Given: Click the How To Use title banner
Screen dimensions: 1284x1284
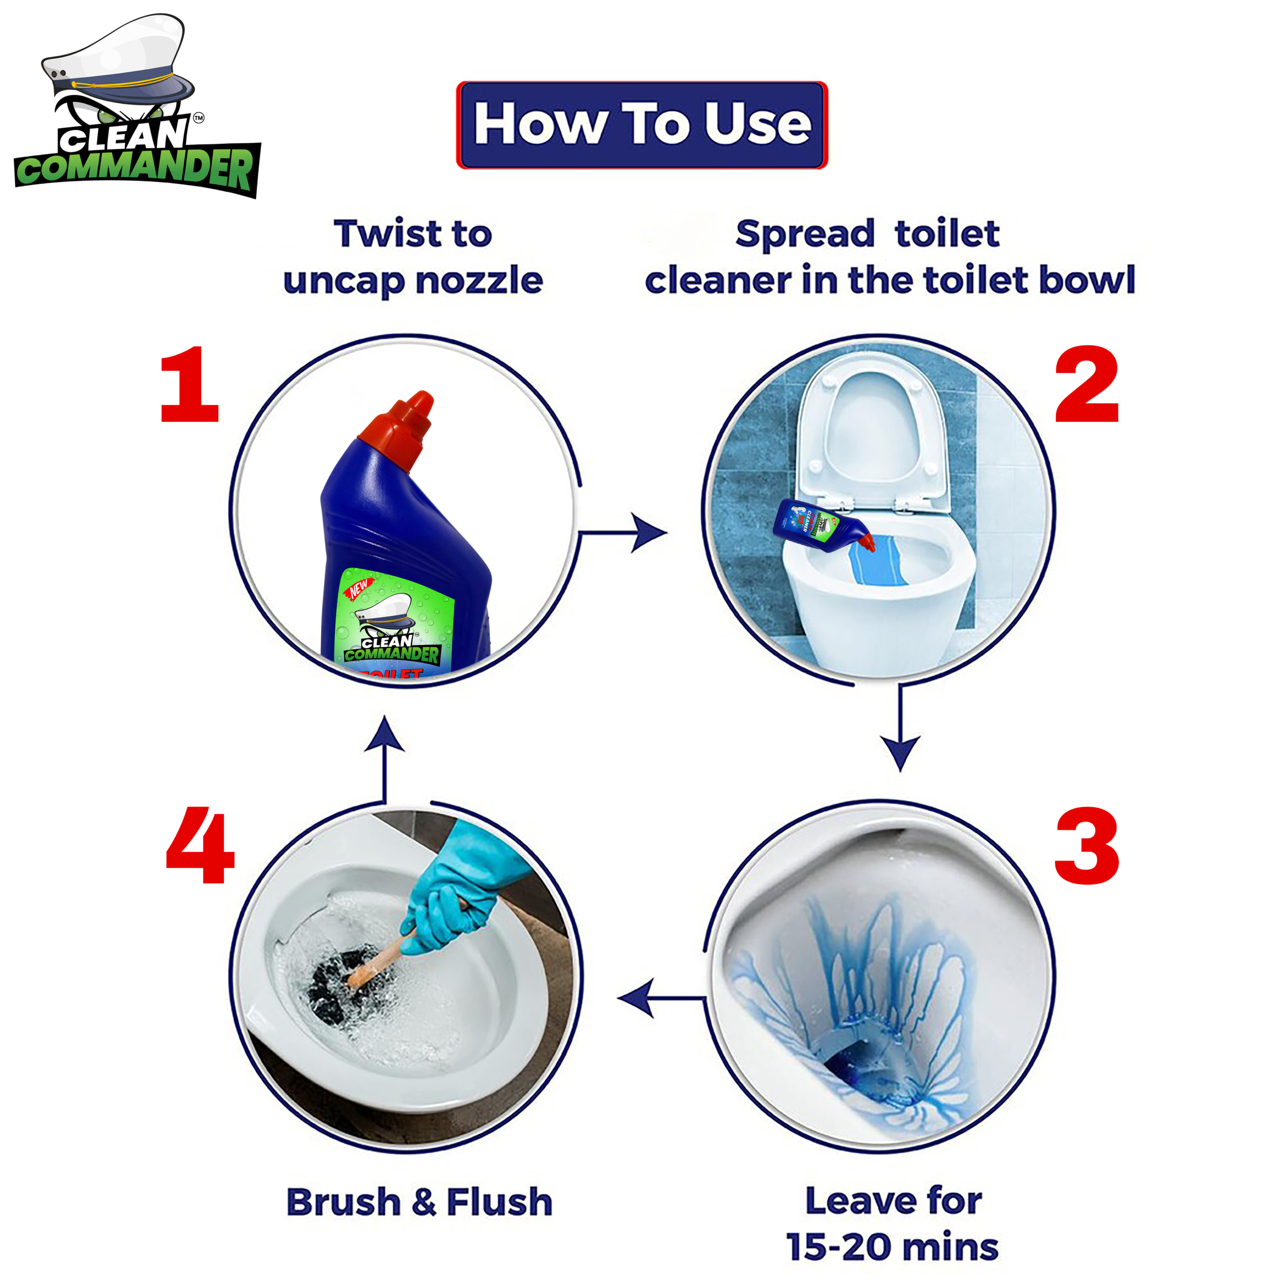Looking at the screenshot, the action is click(x=642, y=125).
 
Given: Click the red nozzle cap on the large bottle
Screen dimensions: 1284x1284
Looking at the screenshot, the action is click(x=399, y=425).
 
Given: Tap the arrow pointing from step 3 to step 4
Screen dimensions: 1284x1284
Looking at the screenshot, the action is click(x=661, y=998).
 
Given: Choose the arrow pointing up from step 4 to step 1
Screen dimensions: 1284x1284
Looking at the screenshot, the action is click(x=385, y=758).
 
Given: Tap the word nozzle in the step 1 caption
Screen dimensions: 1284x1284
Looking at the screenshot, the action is click(x=478, y=280).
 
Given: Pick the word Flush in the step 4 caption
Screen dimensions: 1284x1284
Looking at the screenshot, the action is click(x=499, y=1202).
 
